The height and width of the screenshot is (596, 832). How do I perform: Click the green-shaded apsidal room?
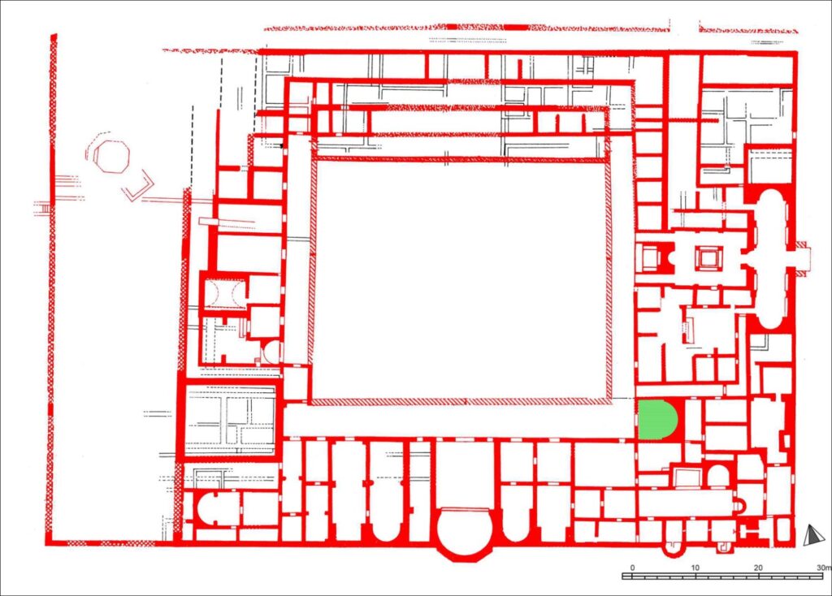(656, 420)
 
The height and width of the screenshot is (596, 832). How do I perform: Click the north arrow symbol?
(812, 535)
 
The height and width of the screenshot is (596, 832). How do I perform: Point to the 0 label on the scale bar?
(632, 568)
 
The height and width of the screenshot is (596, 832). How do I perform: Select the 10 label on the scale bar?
(695, 568)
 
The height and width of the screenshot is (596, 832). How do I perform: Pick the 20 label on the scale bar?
(758, 568)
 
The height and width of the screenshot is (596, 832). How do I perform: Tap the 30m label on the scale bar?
(824, 568)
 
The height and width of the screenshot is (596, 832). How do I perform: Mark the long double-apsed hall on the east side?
(773, 259)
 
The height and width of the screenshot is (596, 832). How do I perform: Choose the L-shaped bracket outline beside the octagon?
(139, 186)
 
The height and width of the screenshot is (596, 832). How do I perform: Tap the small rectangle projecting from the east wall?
(802, 258)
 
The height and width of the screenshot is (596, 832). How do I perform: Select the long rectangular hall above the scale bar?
(687, 502)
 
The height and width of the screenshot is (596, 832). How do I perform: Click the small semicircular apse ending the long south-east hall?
(739, 503)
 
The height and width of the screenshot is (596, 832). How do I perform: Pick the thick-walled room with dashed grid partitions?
(231, 419)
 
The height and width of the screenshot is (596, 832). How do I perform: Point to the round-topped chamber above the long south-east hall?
(718, 476)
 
